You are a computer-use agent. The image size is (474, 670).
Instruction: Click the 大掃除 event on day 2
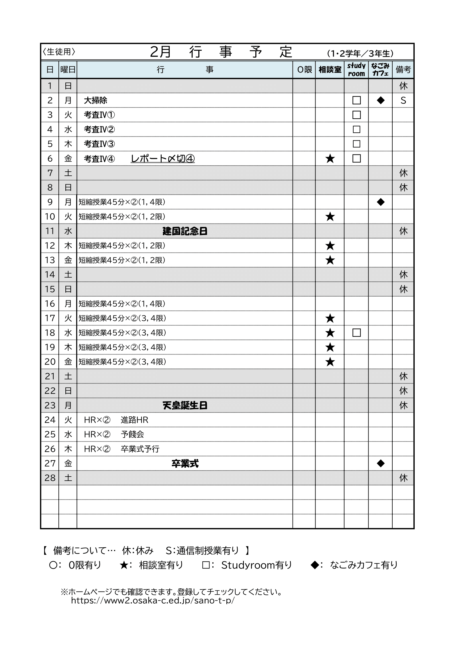(95, 100)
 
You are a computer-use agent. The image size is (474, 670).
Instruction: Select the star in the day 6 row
(330, 159)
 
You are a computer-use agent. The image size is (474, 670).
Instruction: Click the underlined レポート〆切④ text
(162, 158)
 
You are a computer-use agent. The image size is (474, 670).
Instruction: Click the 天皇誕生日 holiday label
(185, 405)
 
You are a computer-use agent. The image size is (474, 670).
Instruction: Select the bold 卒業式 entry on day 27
(185, 463)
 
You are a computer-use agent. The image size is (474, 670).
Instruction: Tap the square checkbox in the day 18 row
(357, 333)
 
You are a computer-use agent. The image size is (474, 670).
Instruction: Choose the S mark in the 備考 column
(403, 100)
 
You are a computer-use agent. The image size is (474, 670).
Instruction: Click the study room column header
(356, 69)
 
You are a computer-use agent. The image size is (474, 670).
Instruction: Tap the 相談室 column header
(330, 69)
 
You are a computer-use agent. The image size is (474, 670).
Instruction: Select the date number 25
(50, 434)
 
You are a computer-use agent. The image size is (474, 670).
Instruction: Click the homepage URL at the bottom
(153, 600)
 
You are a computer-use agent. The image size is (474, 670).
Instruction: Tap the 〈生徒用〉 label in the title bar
(59, 52)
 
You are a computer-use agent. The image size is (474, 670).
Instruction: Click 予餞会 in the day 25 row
(132, 434)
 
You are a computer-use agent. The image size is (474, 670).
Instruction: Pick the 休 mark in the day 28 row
(403, 478)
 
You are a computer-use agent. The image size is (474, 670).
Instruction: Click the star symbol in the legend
(124, 565)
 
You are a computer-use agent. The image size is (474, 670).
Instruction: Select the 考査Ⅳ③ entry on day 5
(99, 144)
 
